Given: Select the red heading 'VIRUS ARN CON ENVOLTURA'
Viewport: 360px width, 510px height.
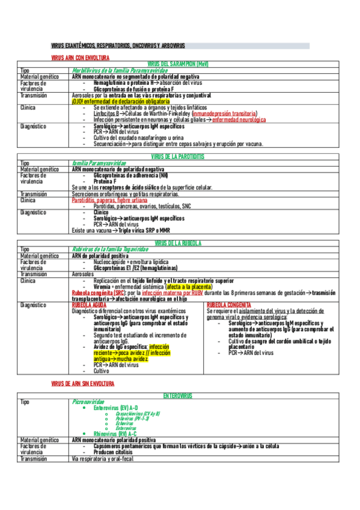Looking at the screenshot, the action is point(81,58).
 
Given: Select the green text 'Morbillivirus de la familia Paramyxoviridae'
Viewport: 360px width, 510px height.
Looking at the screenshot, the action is point(118,70).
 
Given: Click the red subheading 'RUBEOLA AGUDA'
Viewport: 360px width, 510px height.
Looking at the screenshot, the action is point(88,305).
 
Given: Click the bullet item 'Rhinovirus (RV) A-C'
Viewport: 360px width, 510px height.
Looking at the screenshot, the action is point(115,433).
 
